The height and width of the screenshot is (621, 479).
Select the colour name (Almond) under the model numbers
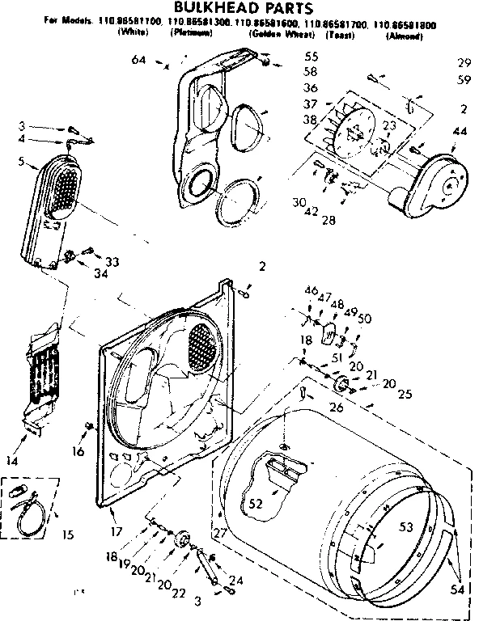(x=401, y=37)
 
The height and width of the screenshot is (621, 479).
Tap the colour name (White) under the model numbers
(x=131, y=36)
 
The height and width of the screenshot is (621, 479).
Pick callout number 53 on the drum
(x=406, y=526)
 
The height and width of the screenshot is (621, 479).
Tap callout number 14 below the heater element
(x=12, y=461)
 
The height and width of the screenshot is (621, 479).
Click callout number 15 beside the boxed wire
(x=67, y=534)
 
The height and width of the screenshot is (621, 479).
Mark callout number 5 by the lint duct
(x=32, y=161)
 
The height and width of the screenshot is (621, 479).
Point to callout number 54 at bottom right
(x=457, y=589)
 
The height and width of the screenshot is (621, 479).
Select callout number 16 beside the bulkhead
(x=77, y=451)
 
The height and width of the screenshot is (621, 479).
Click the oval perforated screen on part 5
(x=64, y=188)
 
